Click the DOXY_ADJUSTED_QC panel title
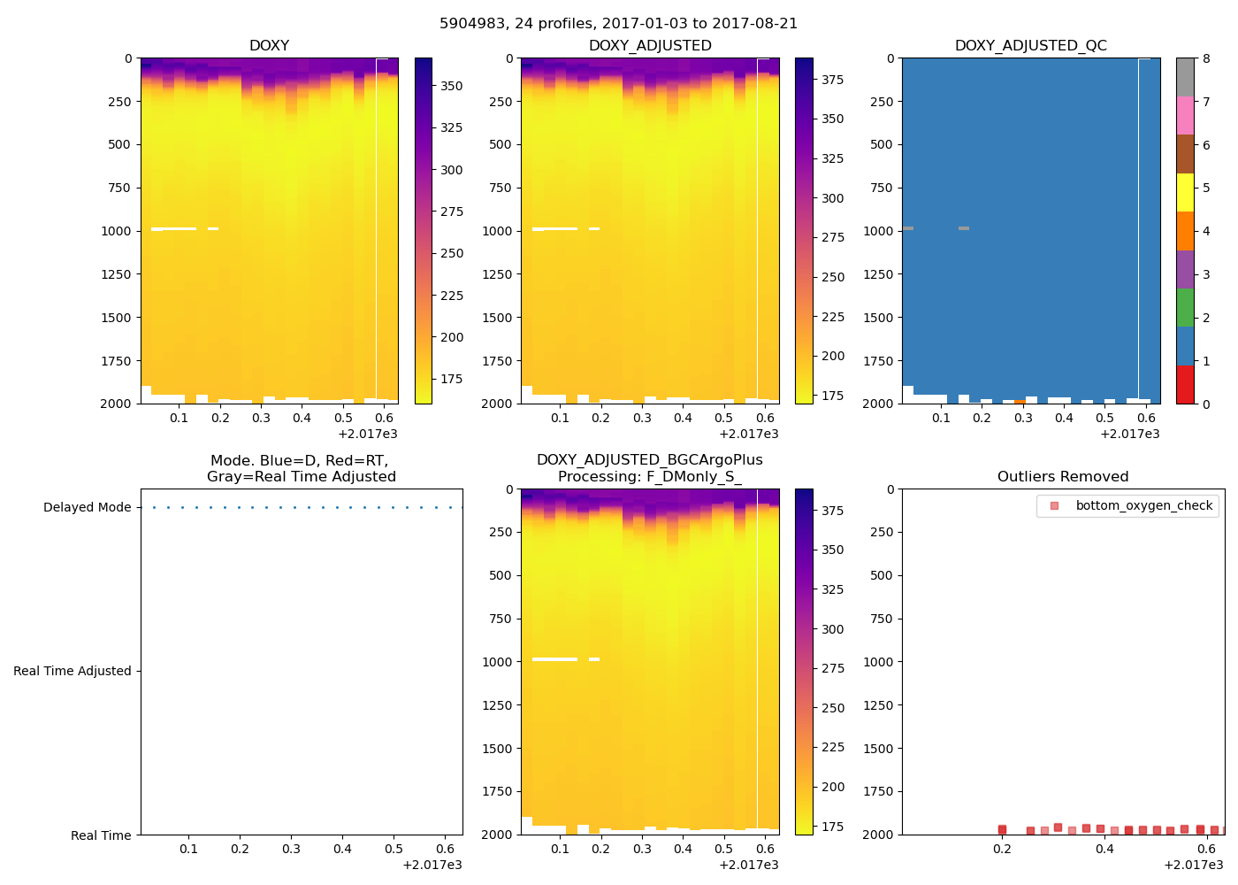pyautogui.click(x=1030, y=45)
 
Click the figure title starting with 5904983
pyautogui.click(x=618, y=24)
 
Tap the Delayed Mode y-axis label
pyautogui.click(x=87, y=507)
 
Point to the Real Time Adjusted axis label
pyautogui.click(x=73, y=671)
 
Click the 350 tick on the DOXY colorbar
pyautogui.click(x=452, y=86)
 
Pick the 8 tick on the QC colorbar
pyautogui.click(x=1206, y=58)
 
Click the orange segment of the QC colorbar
pyautogui.click(x=1185, y=231)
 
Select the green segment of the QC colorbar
pyautogui.click(x=1185, y=307)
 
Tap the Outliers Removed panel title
pyautogui.click(x=1063, y=476)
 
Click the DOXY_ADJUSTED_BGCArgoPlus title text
pyautogui.click(x=649, y=459)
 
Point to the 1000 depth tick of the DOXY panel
pyautogui.click(x=117, y=231)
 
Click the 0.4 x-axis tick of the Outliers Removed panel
pyautogui.click(x=1104, y=849)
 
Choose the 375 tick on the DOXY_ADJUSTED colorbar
pyautogui.click(x=832, y=80)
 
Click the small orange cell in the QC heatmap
pyautogui.click(x=1020, y=401)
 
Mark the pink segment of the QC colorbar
pyautogui.click(x=1185, y=115)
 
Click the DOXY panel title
pyautogui.click(x=269, y=45)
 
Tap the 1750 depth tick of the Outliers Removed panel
pyautogui.click(x=878, y=791)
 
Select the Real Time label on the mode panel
pyautogui.click(x=101, y=835)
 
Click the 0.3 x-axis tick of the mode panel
pyautogui.click(x=291, y=849)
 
